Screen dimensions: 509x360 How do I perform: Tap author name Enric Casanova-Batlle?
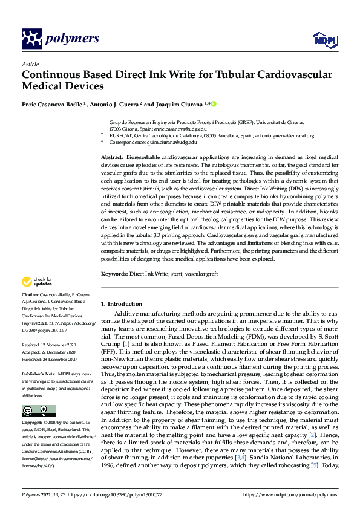coord(51,103)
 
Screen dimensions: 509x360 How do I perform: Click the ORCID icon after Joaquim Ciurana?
coord(213,103)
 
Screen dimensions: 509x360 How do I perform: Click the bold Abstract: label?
coord(113,157)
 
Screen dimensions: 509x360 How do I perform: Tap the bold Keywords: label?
coord(114,274)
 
